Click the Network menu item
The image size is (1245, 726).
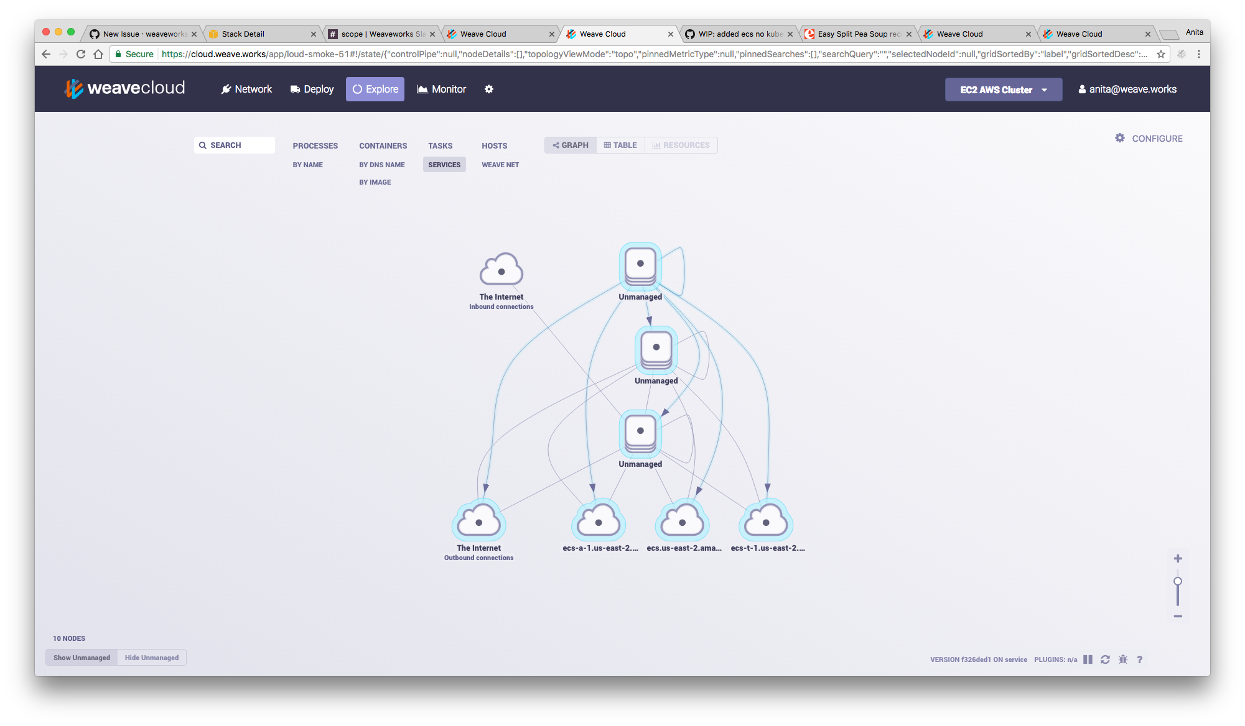point(247,90)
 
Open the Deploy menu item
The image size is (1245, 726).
point(312,90)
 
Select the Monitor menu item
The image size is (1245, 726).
point(441,90)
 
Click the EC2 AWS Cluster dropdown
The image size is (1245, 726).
point(1003,90)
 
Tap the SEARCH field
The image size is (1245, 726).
point(235,145)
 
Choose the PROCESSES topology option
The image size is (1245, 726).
point(315,146)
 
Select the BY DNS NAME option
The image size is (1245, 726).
point(381,165)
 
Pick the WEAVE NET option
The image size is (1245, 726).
point(500,165)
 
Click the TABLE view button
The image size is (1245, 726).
point(620,145)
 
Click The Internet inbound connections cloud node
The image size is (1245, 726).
point(501,271)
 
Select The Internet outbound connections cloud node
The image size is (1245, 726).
point(478,522)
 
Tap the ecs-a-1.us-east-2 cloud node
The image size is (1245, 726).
point(599,522)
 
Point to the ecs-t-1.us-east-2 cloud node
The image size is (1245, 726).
point(766,522)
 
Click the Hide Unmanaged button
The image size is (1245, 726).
point(151,658)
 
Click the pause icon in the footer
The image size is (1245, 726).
point(1088,659)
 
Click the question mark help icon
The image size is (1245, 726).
point(1139,659)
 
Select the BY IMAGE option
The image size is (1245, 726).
point(375,182)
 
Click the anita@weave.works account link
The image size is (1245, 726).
point(1127,90)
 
